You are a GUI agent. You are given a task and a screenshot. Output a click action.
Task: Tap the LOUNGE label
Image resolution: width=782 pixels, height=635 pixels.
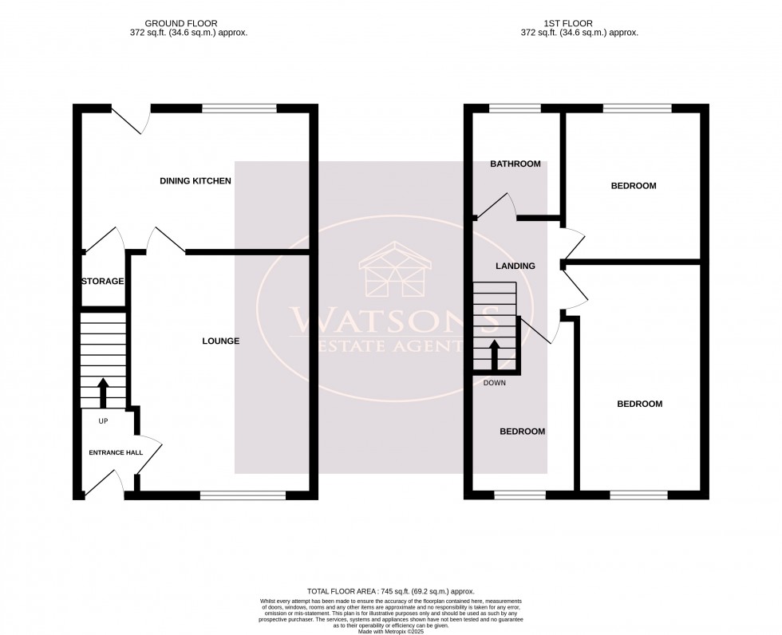tap(221, 341)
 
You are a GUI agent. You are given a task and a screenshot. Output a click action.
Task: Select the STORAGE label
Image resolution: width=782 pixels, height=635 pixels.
tap(102, 281)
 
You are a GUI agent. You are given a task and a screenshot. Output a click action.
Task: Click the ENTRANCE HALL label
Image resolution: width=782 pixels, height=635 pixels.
tap(116, 452)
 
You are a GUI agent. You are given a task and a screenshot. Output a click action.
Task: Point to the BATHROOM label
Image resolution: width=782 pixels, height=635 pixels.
tap(515, 164)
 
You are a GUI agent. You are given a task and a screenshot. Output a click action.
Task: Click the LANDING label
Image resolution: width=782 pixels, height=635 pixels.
tap(515, 266)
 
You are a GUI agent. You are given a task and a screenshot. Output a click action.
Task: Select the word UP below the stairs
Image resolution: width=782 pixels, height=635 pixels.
tap(103, 420)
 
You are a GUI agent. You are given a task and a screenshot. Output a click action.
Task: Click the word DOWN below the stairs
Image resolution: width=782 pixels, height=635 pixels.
tap(495, 383)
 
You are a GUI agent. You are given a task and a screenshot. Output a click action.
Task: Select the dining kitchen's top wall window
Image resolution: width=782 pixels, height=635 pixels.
tap(239, 108)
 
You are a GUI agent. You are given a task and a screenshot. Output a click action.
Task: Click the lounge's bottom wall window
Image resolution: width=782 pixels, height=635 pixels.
tap(243, 495)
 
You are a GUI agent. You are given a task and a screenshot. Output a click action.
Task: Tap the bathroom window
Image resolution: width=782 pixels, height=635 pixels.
tap(515, 108)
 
